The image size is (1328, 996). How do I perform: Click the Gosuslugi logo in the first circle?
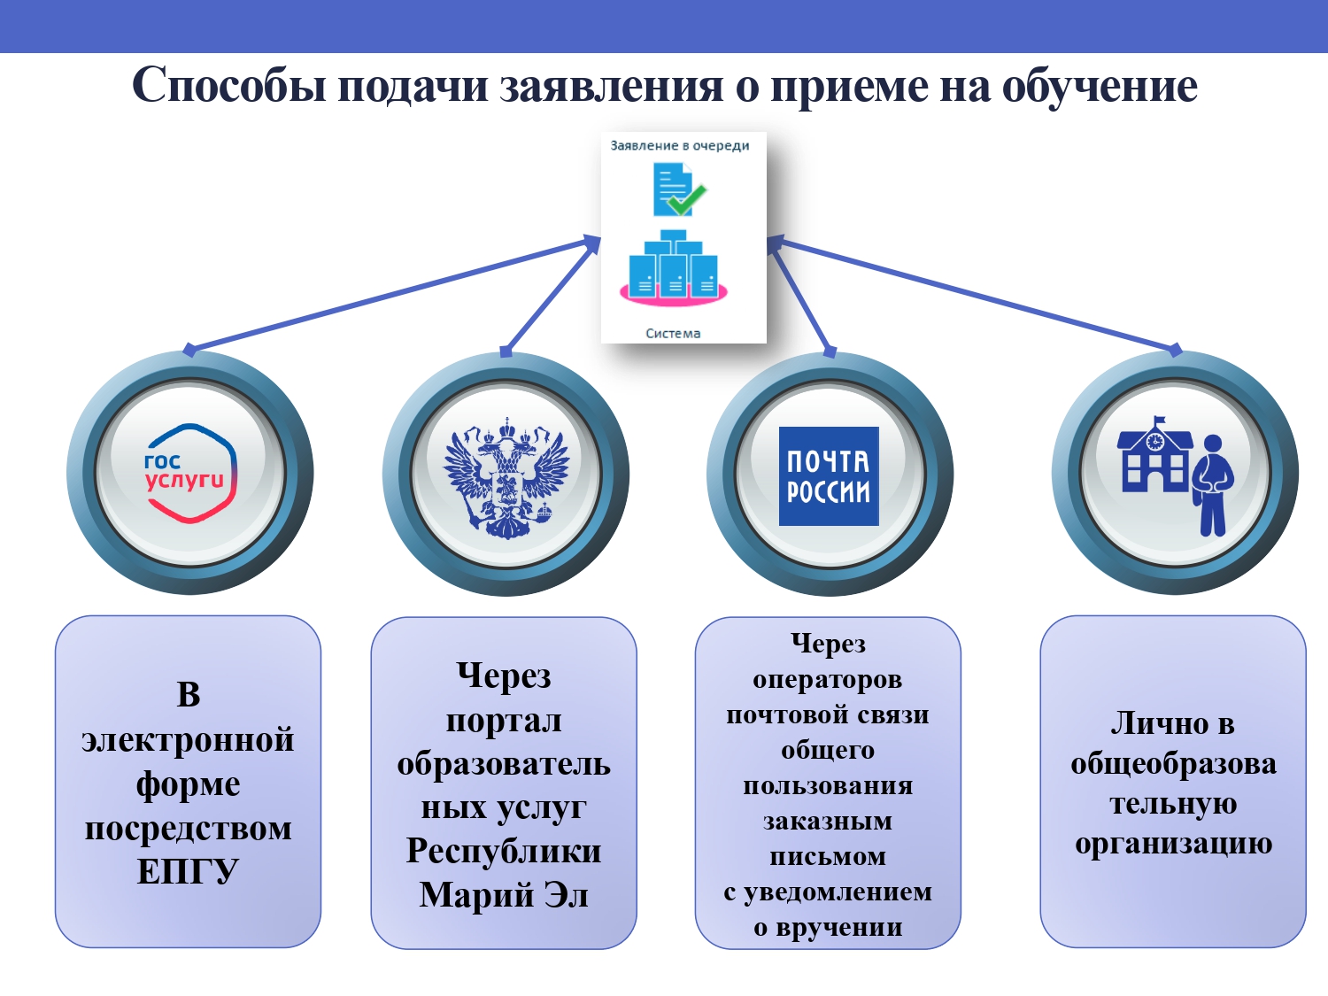point(189,473)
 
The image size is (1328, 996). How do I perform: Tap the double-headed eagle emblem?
point(506,478)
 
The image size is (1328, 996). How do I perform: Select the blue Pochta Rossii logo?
point(829,476)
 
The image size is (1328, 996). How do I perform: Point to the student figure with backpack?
point(1212,485)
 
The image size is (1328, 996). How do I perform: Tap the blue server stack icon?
point(674,267)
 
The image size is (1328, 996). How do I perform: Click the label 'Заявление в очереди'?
point(679,146)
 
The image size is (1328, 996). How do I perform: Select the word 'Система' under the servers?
point(673,333)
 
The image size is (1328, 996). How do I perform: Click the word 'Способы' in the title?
point(229,85)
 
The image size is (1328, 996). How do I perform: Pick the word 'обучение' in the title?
point(1100,85)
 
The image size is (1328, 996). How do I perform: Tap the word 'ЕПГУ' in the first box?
point(188,871)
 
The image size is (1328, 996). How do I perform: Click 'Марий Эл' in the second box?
point(504,894)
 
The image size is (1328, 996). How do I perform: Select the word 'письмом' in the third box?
point(828,856)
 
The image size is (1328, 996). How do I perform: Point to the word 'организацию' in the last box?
point(1173,843)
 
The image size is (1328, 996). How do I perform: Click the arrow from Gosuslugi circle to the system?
point(392,295)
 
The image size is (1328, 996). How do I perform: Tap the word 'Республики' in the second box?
point(504,851)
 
